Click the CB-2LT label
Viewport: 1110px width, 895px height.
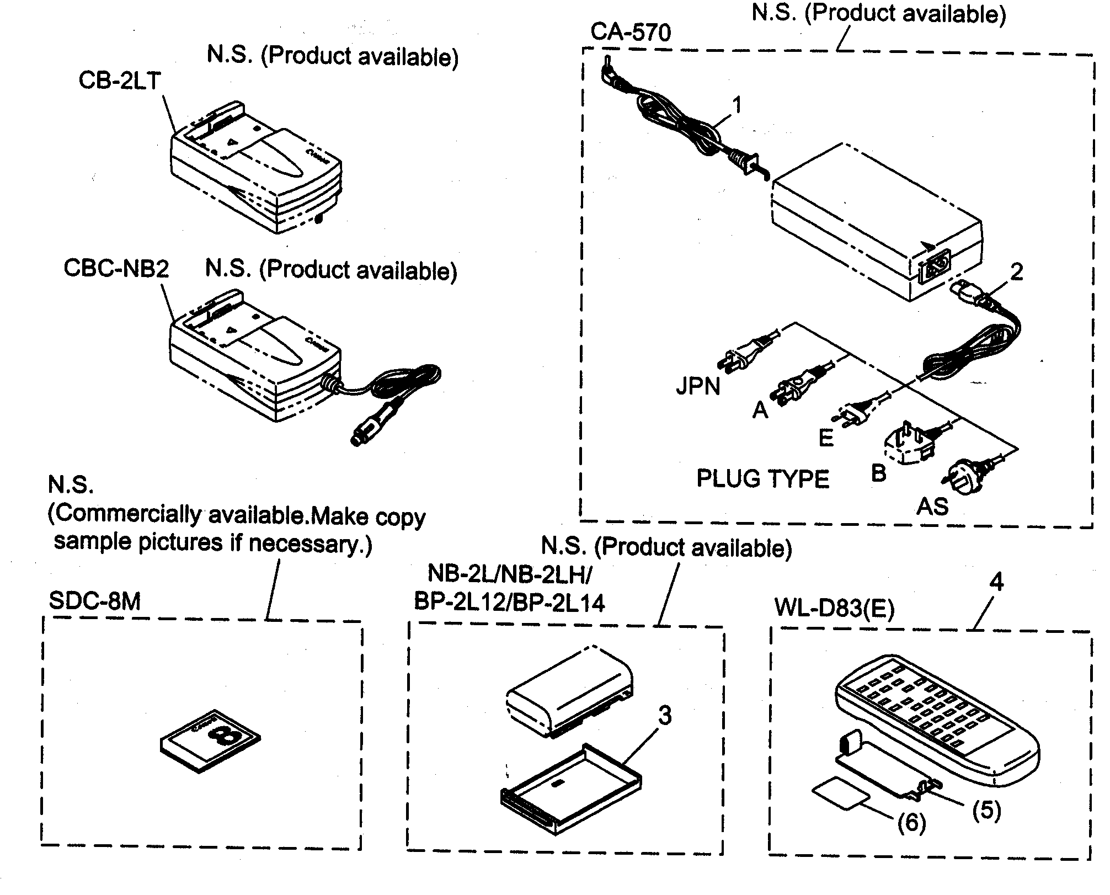coord(119,81)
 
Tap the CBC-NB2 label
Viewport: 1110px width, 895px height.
coord(116,268)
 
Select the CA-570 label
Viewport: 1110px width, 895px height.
coord(631,32)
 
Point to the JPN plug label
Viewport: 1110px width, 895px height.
coord(698,386)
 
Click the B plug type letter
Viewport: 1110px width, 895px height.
coord(878,473)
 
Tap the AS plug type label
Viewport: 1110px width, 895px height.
coord(932,506)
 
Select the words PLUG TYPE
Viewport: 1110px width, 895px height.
coord(763,478)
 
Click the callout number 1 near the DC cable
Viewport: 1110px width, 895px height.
coord(737,105)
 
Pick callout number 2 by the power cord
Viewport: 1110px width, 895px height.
coord(1016,271)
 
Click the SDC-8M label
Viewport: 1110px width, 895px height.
coord(95,600)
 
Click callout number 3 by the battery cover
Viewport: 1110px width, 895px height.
coord(665,716)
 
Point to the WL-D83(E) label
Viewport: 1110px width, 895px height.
coord(834,608)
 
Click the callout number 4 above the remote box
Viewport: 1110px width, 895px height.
coord(996,582)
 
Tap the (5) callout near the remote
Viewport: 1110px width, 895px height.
coord(986,811)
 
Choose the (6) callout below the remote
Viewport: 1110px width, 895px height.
coord(911,823)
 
